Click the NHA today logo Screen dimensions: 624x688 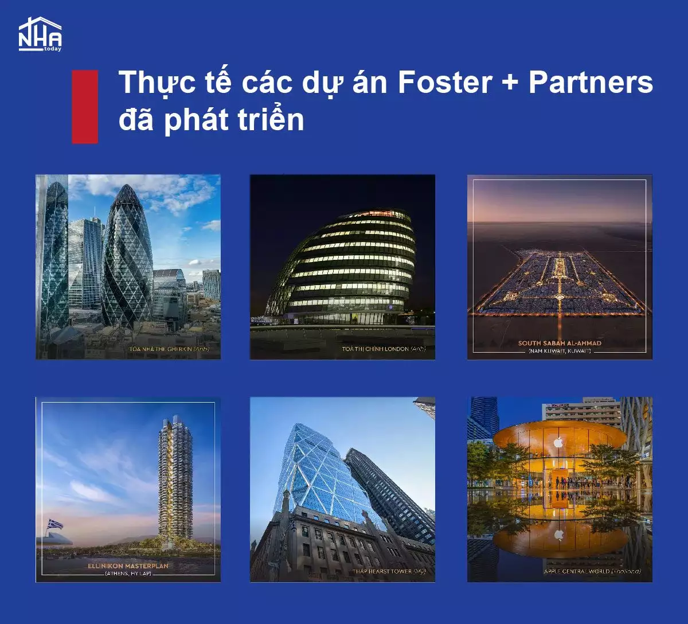pos(40,34)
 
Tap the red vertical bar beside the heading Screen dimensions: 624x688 pos(85,107)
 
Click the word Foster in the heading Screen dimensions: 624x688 pos(445,83)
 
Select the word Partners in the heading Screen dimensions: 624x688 pos(591,83)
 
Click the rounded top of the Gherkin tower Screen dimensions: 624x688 pos(127,192)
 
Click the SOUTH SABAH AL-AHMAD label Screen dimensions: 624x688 pos(560,343)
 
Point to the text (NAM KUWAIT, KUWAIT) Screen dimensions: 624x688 pos(560,350)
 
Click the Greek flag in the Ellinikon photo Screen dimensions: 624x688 pos(56,524)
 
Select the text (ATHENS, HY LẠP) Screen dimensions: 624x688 pos(128,574)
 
